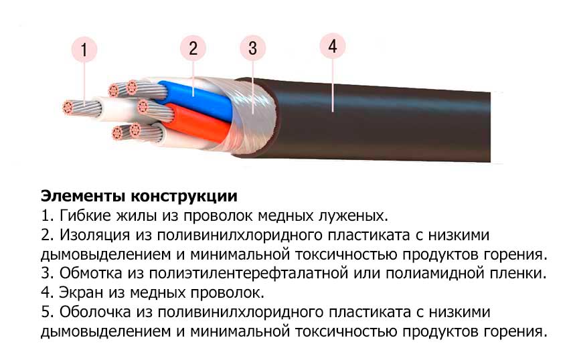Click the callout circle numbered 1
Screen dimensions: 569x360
[84, 50]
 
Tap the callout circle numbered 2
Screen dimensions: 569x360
[193, 48]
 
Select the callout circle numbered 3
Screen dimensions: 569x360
[253, 48]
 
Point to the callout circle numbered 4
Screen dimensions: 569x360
[333, 46]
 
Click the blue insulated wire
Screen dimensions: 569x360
[197, 100]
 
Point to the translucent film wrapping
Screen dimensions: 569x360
[250, 116]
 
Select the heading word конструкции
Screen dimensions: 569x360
[184, 197]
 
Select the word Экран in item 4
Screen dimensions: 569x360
[81, 292]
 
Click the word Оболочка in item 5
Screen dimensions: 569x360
[94, 312]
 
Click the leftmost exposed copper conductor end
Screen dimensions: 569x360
[68, 108]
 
